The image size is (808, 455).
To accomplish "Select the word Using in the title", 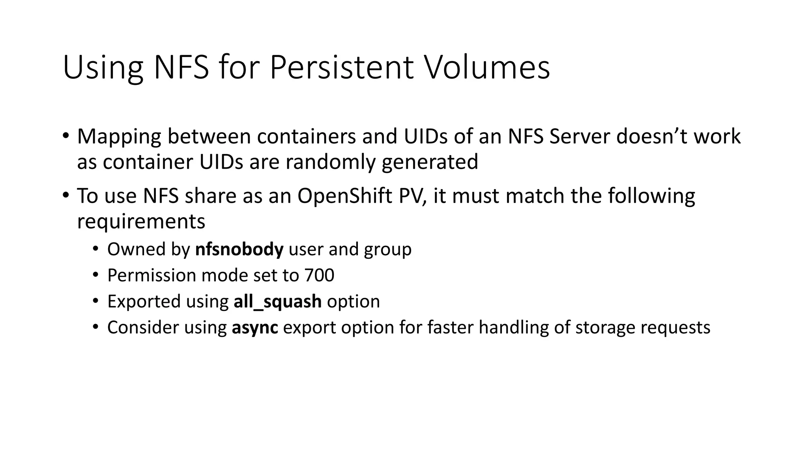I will (x=103, y=68).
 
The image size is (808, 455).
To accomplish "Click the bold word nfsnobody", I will (x=239, y=249).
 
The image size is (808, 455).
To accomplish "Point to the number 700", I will (x=319, y=275).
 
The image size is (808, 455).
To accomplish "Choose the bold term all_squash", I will (x=277, y=302).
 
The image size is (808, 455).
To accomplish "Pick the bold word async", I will (x=255, y=328).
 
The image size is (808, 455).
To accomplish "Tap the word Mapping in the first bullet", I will (x=119, y=137).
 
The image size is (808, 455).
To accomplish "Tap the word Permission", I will (x=151, y=275).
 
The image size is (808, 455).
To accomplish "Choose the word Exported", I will (x=144, y=302).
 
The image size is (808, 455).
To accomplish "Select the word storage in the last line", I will (x=604, y=328).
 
